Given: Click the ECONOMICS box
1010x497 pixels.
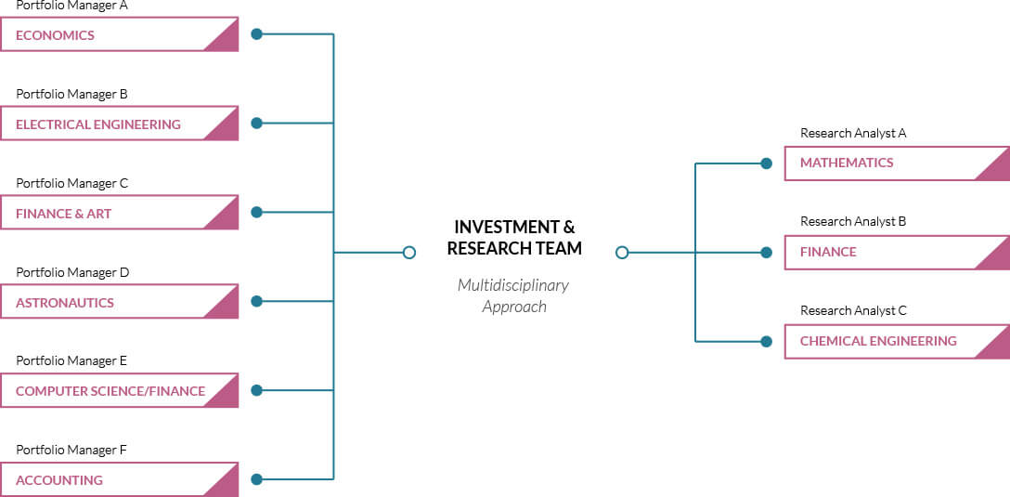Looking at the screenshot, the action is click(x=119, y=34).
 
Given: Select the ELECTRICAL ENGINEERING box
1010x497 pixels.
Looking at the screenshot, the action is click(x=119, y=124).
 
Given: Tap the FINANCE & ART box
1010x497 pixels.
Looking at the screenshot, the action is click(x=119, y=213).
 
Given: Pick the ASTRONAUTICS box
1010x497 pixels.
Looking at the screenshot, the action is click(x=119, y=302).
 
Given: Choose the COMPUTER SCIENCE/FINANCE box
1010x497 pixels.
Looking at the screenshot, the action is click(x=119, y=391).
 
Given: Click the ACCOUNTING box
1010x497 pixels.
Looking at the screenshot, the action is click(x=119, y=479).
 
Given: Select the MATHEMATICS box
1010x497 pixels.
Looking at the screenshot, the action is click(x=897, y=163).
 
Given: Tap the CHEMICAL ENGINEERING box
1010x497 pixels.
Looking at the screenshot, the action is click(x=897, y=341).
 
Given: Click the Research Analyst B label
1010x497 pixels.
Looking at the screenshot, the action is click(x=853, y=222).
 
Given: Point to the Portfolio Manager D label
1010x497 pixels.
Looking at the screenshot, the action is click(x=72, y=273).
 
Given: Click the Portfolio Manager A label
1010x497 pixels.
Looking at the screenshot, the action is click(x=72, y=6).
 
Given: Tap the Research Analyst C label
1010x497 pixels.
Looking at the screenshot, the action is click(x=853, y=310).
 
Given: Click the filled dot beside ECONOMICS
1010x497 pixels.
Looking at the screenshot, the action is click(x=256, y=34).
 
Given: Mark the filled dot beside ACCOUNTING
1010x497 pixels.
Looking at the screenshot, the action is click(x=256, y=479).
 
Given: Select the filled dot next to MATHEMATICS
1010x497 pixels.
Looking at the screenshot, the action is click(x=766, y=163).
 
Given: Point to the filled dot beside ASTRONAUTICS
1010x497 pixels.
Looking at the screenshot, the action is click(x=256, y=301).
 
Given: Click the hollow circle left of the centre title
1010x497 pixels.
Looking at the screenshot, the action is click(x=409, y=252).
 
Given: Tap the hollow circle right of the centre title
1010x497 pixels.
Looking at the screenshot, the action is click(x=622, y=252).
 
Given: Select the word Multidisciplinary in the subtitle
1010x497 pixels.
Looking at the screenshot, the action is click(x=513, y=285).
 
